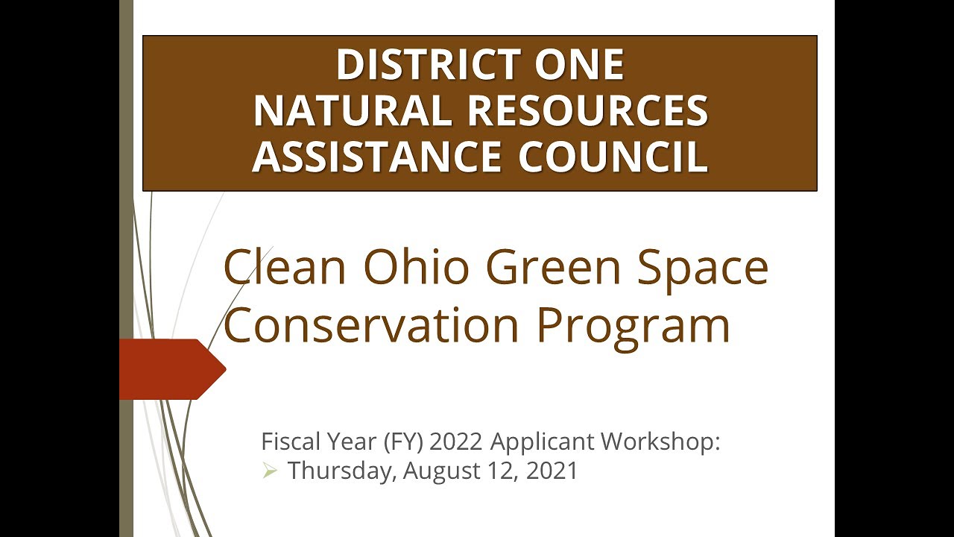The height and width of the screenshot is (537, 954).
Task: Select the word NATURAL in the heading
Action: [x=353, y=111]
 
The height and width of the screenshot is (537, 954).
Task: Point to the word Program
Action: [x=634, y=327]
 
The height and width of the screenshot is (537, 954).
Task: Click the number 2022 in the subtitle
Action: [x=457, y=442]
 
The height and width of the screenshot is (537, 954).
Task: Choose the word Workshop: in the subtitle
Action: [x=661, y=442]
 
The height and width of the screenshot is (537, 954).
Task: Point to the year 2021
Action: [x=552, y=471]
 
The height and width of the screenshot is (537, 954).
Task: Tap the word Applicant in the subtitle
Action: [x=543, y=442]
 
